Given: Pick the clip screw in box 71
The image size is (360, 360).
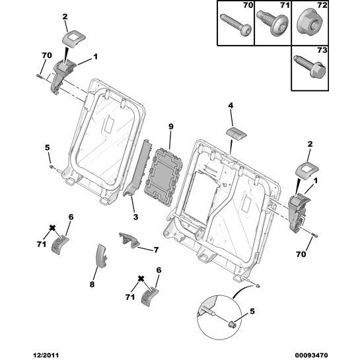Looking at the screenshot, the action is point(272,23).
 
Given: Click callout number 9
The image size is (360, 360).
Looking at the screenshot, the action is point(170,127).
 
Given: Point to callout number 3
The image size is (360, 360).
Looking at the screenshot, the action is point(135,217).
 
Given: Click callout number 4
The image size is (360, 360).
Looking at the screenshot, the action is point(231,106).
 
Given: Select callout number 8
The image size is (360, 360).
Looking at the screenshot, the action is point(92,285).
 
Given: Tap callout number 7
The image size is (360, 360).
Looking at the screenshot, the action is point(156,250).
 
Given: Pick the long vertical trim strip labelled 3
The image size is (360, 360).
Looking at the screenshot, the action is point(139,168).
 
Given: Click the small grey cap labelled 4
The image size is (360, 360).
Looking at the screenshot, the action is point(236,133).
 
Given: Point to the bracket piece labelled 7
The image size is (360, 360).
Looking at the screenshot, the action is point(129,240).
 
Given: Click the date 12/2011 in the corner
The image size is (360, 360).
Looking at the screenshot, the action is point(46,355).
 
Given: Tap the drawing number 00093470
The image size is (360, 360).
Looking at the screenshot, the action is point(311,355).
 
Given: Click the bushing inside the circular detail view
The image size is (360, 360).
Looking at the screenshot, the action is point(233,324).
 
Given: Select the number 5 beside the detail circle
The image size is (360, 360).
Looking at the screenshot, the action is point(252,312).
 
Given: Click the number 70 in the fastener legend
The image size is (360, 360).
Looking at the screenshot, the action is point(248,5).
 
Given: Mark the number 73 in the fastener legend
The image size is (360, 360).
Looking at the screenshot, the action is point(322,50).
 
